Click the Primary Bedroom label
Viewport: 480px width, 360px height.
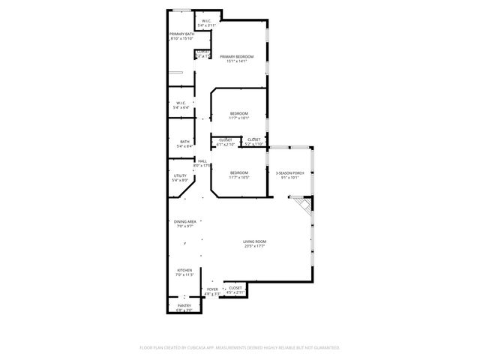coord(236,59)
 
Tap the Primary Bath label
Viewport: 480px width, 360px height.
coord(181,36)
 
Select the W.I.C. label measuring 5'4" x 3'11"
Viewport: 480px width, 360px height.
coord(206,22)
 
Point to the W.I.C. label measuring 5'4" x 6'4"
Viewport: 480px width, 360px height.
coord(181,105)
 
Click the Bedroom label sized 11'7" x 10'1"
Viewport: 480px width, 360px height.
coord(238,115)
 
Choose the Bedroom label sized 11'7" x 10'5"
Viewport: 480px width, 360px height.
coord(238,174)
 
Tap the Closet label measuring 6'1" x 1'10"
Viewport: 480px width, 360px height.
coord(225,141)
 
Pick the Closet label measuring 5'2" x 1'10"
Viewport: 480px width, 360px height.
coord(253,141)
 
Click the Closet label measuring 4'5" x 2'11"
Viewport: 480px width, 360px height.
coord(235,289)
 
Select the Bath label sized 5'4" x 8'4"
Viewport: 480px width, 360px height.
coord(184,144)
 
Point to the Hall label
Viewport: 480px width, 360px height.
coord(202,163)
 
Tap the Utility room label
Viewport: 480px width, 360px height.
coord(179,178)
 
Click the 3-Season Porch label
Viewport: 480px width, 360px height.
coord(289,174)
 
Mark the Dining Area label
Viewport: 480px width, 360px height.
coord(185,223)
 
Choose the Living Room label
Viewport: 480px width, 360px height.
coord(254,243)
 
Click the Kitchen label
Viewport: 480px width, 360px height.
coord(184,272)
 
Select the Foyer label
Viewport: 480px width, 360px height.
coord(212,291)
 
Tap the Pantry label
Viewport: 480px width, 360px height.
coord(184,307)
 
